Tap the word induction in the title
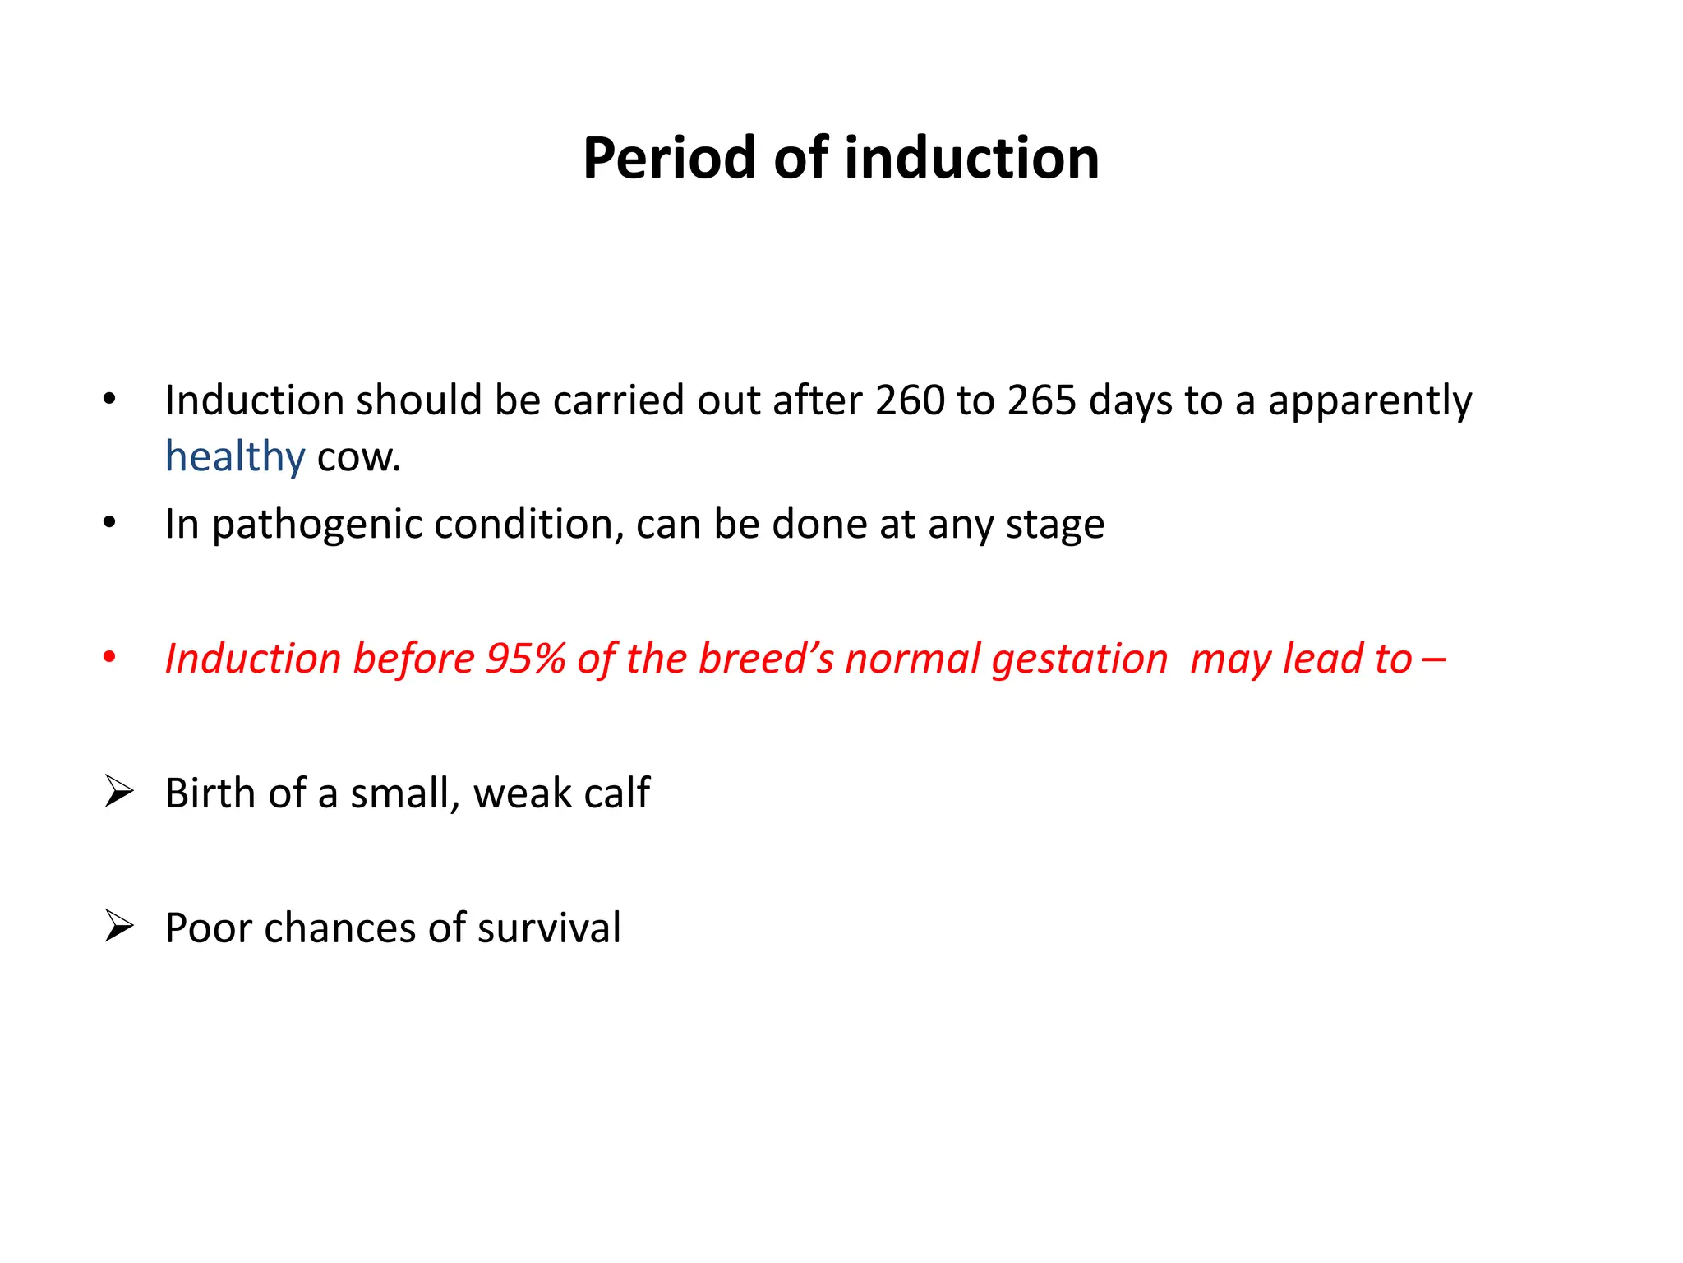[971, 158]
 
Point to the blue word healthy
[235, 456]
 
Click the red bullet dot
[109, 659]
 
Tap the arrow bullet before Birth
[119, 793]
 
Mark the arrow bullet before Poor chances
[119, 928]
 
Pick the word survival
[549, 928]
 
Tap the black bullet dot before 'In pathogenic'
[109, 524]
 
